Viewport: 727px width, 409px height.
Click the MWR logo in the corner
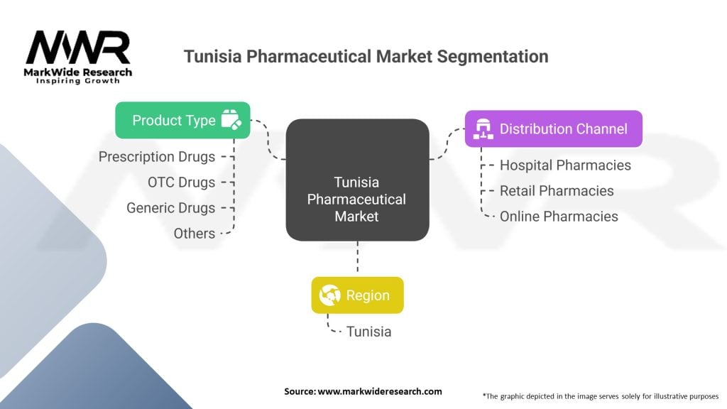78,48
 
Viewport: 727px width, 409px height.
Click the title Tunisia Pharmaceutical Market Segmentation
366,57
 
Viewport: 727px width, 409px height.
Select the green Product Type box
183,120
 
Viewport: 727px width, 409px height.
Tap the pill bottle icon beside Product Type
231,120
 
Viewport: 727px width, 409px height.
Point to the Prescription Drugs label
157,157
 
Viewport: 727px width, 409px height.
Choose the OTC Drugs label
181,182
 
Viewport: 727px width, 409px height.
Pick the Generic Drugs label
170,208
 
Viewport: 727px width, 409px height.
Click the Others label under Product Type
195,233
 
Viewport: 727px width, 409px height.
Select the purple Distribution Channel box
554,129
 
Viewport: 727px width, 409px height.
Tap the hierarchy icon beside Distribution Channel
483,129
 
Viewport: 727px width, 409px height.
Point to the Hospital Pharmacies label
565,165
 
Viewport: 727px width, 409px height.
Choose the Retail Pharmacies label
557,191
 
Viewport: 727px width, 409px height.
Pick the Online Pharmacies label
559,217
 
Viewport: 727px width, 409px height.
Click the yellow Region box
357,295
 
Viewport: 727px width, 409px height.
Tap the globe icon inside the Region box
329,295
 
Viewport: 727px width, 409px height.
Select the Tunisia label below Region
368,332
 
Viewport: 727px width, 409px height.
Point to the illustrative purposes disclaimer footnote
600,396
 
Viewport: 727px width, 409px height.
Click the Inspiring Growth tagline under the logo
78,81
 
